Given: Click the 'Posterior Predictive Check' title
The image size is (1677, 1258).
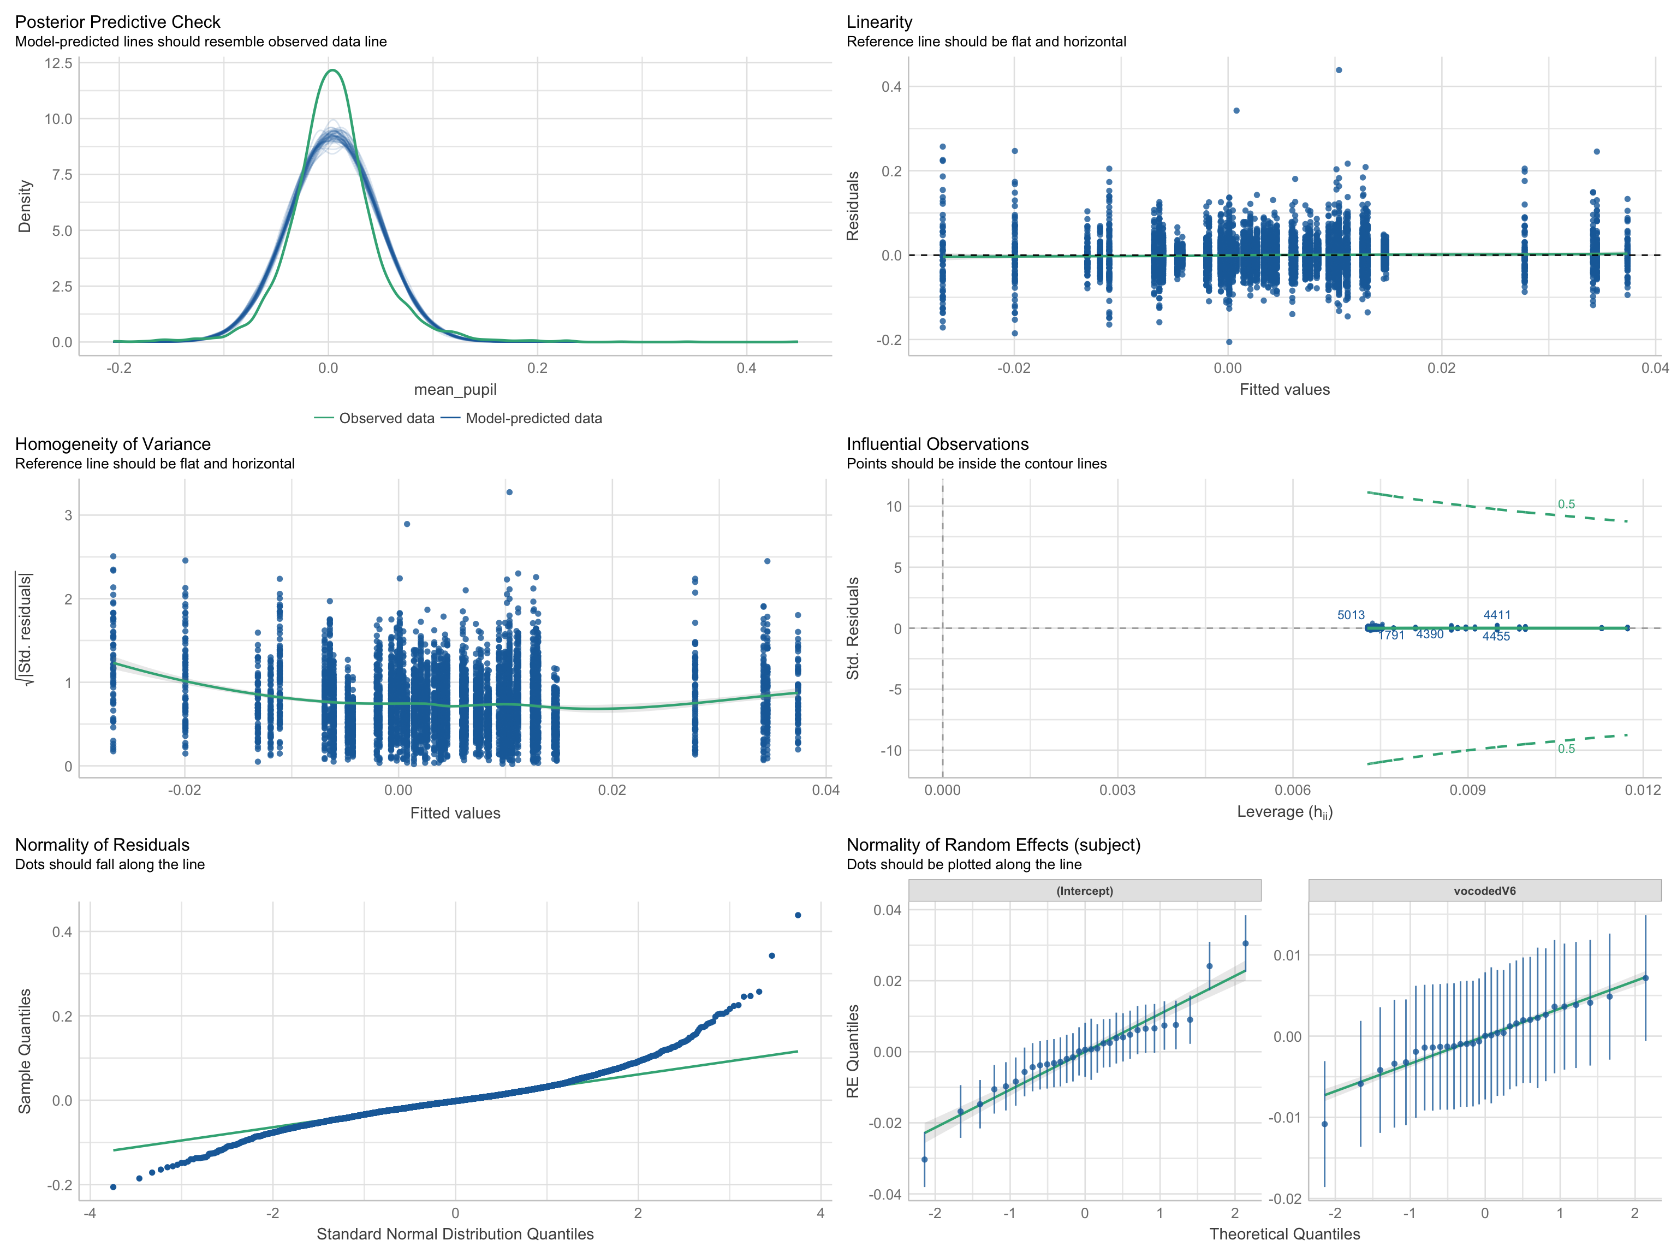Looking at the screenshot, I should click(x=117, y=22).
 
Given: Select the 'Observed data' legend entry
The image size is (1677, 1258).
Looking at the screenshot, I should click(x=386, y=418).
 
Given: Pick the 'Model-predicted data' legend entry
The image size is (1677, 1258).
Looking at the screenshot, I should click(x=533, y=418).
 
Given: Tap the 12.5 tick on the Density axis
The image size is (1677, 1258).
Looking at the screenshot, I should click(x=58, y=63).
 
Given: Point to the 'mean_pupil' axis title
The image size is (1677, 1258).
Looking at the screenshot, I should click(x=455, y=389).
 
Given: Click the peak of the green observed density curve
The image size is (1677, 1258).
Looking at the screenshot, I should click(x=333, y=70).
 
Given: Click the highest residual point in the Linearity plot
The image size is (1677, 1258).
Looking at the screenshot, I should click(x=1339, y=70).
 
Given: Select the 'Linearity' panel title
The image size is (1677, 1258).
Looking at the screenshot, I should click(x=879, y=22).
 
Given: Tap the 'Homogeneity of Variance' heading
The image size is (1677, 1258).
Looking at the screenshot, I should click(x=112, y=443).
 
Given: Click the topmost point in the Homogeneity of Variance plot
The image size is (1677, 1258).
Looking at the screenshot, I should click(x=509, y=492).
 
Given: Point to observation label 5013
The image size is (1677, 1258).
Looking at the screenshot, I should click(x=1350, y=615).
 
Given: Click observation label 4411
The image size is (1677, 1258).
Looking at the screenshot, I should click(x=1496, y=615).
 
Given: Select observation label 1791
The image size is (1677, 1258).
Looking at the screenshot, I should click(x=1391, y=636).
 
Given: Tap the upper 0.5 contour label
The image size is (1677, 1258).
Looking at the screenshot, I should click(x=1566, y=505).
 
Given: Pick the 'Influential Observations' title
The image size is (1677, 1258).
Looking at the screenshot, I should click(x=937, y=443).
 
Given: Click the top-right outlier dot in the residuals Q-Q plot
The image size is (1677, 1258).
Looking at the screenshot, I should click(x=798, y=915).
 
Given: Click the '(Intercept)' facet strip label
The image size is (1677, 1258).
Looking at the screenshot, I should click(x=1084, y=891).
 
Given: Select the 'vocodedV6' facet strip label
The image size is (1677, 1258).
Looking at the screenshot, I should click(x=1484, y=891).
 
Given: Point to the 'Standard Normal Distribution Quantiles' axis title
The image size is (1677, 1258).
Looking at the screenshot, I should click(x=455, y=1234).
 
